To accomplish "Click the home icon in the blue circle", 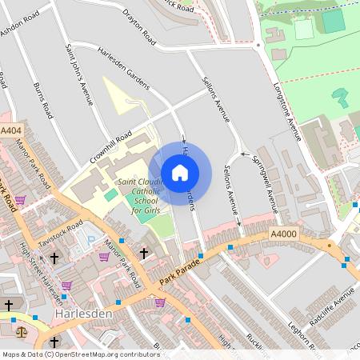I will coord(180,172).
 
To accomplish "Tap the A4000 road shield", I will coord(284,234).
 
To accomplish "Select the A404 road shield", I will coord(11,130).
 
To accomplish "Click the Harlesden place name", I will coord(84,314).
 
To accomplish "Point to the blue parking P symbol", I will coord(90,239).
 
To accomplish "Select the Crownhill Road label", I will coord(110,150).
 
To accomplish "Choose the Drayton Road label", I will coord(139,24).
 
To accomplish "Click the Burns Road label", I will coord(43,99).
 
